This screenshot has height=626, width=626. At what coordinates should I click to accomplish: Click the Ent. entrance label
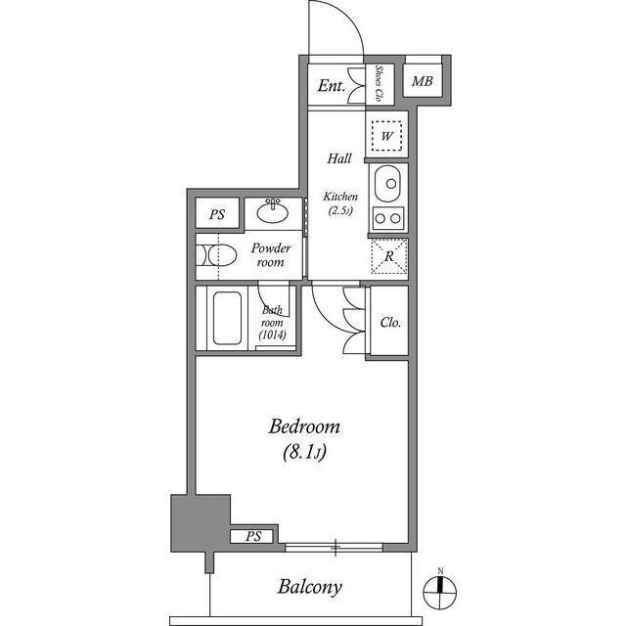tap(332, 86)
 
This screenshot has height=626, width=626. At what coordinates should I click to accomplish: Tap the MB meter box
tap(422, 80)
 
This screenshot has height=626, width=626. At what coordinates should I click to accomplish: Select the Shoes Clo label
tap(380, 84)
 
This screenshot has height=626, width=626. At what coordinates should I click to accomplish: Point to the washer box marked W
tap(387, 136)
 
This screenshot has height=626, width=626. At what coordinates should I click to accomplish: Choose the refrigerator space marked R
tap(388, 257)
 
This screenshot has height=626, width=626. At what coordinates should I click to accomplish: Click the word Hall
tap(339, 158)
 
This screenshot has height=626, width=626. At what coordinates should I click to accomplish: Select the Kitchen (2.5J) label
tap(341, 204)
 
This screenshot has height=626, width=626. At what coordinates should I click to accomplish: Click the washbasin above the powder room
tap(272, 210)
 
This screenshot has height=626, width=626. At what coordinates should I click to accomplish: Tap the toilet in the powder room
tap(216, 256)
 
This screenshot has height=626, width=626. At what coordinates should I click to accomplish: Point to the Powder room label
tap(271, 255)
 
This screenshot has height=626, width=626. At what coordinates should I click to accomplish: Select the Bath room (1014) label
tap(272, 323)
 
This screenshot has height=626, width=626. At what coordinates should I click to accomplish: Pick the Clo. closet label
tap(390, 322)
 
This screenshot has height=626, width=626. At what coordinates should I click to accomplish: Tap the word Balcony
tap(309, 588)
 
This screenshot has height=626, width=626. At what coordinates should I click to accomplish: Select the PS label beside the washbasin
tap(216, 213)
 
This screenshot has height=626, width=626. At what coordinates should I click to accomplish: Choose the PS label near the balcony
tap(253, 536)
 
